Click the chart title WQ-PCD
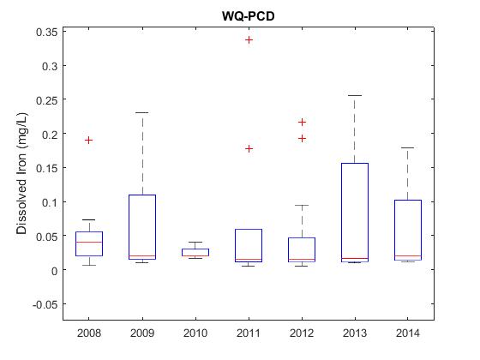tap(249, 16)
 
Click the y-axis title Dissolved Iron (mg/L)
tap(21, 174)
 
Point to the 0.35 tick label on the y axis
tap(47, 32)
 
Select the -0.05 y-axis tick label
tap(45, 304)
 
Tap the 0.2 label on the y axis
tap(50, 134)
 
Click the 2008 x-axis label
tap(89, 333)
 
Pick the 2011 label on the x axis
tap(249, 333)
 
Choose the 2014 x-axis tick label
tap(408, 333)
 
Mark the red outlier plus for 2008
tap(89, 141)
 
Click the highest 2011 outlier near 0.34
tap(249, 39)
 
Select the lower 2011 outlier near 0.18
tap(249, 149)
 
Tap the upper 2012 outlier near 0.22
tap(302, 123)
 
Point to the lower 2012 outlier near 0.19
tap(302, 139)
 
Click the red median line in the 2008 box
tap(89, 242)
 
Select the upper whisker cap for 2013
tap(355, 95)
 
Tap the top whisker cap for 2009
tap(142, 112)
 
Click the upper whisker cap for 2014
tap(408, 147)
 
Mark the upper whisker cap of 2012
tap(302, 205)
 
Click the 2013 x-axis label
tap(355, 333)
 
